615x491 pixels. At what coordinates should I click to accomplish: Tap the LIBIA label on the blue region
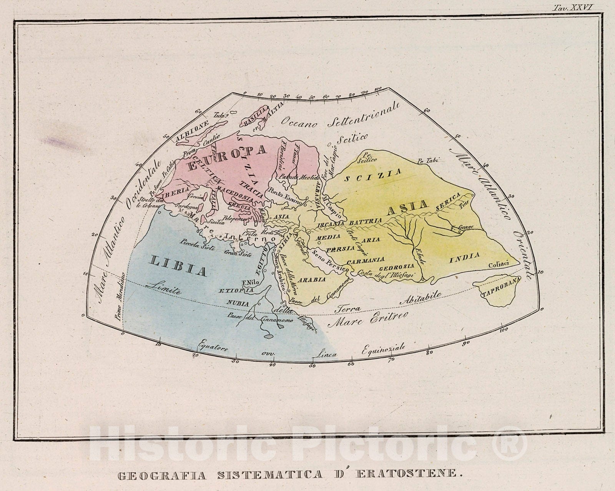(178, 266)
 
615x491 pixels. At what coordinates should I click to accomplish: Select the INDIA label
(465, 258)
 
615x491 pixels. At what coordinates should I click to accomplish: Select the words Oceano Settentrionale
(340, 115)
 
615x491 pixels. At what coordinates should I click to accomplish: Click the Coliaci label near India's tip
(499, 264)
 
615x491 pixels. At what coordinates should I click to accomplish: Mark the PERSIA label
(340, 249)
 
